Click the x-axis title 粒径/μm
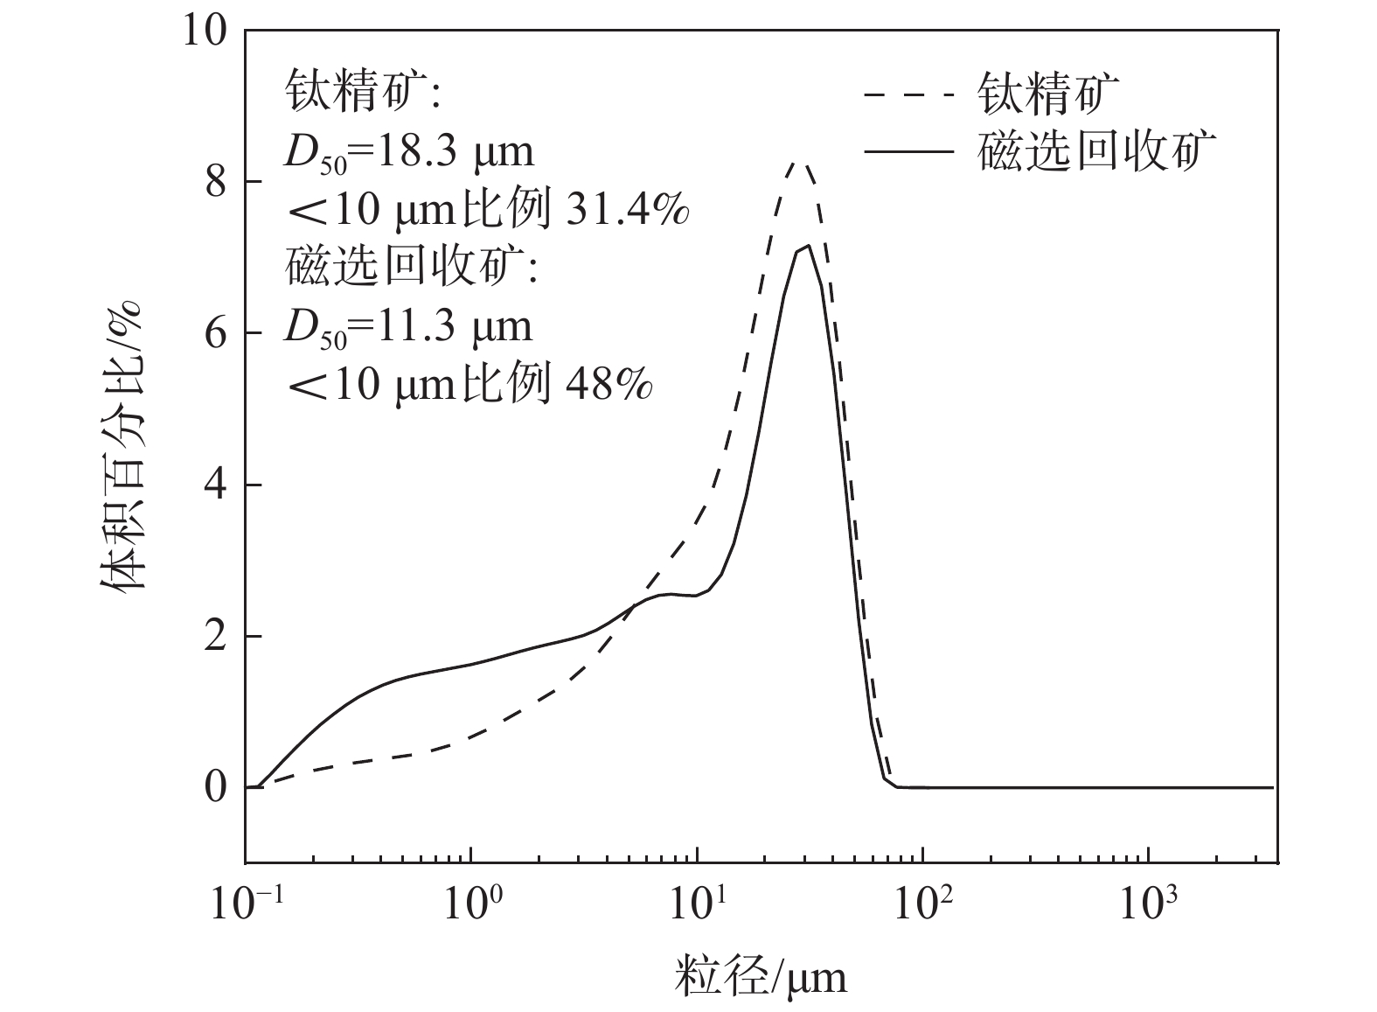(x=761, y=975)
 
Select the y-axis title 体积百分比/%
(x=122, y=446)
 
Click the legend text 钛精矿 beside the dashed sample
(x=1049, y=94)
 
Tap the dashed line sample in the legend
(x=908, y=94)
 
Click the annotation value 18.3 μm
(x=448, y=152)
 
